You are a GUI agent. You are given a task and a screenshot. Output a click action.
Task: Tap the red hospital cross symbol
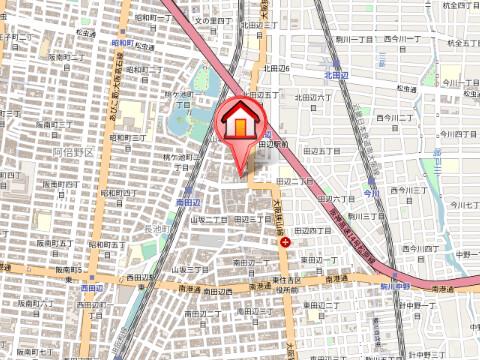coord(287,242)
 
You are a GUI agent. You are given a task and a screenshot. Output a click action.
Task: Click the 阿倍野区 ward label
coord(72,153)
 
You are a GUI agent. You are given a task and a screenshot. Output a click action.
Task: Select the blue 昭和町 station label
coord(124,44)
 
